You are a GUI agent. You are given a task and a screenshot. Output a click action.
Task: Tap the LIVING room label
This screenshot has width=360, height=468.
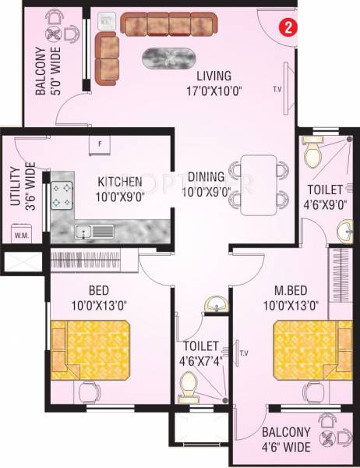pyautogui.click(x=214, y=76)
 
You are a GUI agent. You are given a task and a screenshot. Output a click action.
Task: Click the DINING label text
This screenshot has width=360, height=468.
pyautogui.click(x=206, y=176)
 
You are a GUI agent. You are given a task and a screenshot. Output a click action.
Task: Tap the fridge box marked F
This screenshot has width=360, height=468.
pyautogui.click(x=101, y=144)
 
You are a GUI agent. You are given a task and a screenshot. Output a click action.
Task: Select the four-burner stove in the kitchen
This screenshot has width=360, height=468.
pyautogui.click(x=62, y=195)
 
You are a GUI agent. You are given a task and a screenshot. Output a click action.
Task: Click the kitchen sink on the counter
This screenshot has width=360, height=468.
pyautogui.click(x=93, y=231)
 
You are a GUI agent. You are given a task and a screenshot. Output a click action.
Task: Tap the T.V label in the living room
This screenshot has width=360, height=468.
pyautogui.click(x=277, y=88)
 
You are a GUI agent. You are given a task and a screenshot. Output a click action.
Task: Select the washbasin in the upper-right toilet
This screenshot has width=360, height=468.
pyautogui.click(x=346, y=231)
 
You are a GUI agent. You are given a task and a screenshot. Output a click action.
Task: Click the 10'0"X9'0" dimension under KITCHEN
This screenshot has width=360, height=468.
pyautogui.click(x=121, y=197)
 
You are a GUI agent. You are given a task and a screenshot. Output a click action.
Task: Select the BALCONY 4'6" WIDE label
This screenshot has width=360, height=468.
pyautogui.click(x=286, y=440)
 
